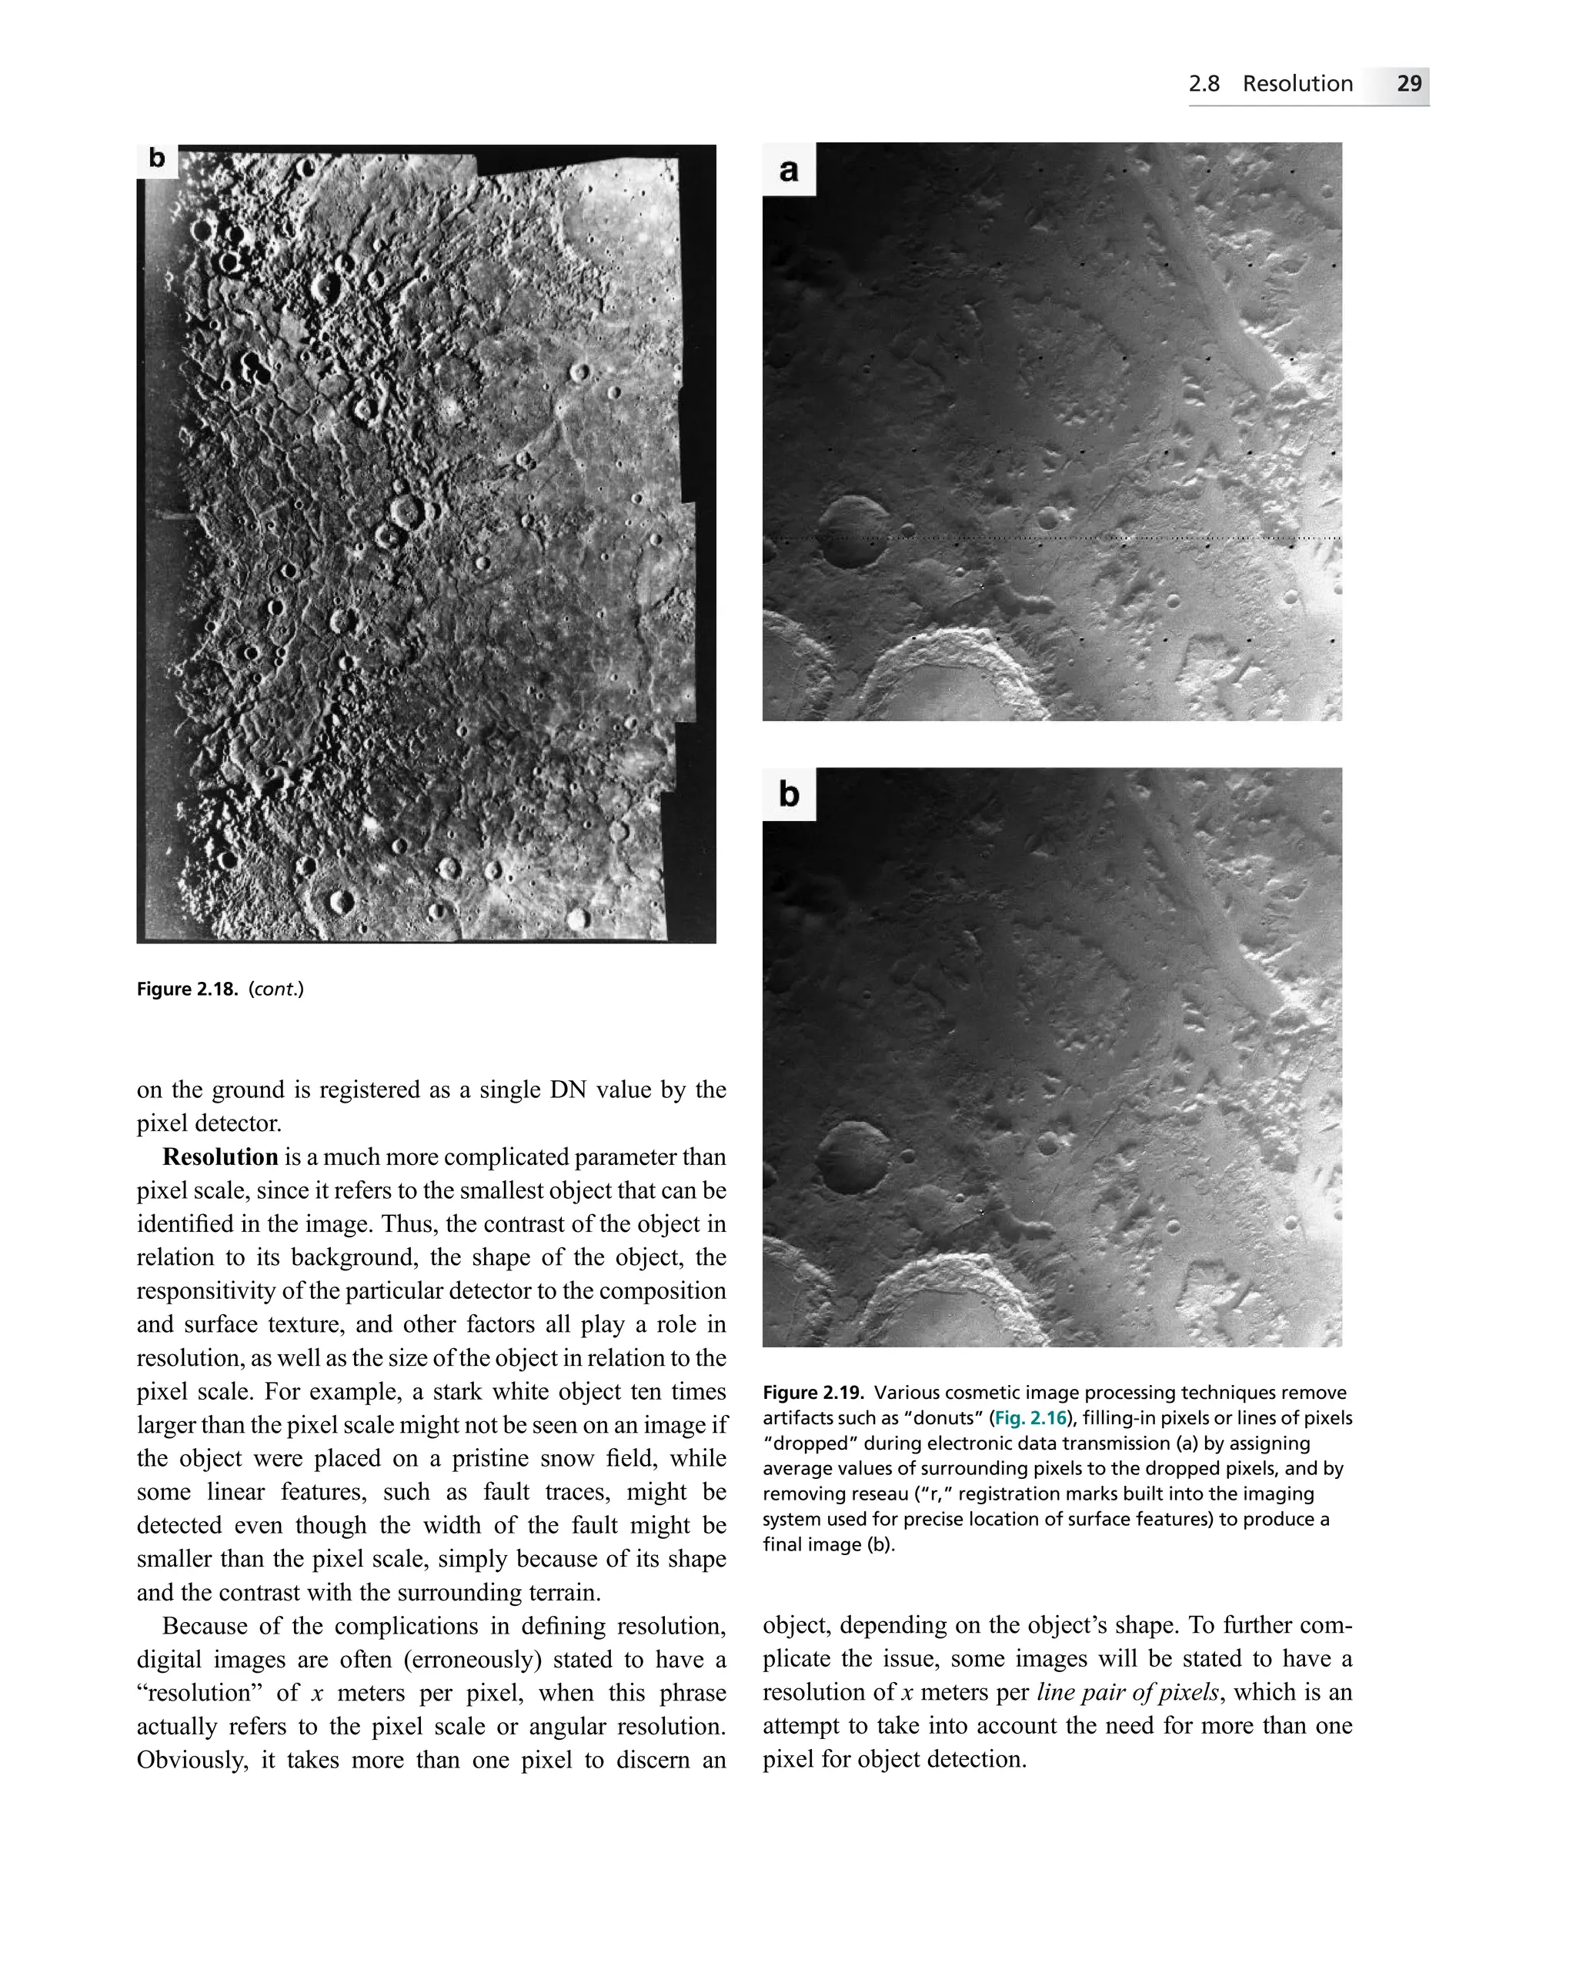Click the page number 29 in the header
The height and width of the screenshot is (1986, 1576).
tap(1408, 84)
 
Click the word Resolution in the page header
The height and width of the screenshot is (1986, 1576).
tap(1297, 84)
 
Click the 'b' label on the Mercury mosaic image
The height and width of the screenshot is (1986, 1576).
tap(156, 159)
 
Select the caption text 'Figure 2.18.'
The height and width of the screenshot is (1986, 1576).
tap(187, 990)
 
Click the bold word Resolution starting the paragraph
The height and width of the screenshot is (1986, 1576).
tap(220, 1157)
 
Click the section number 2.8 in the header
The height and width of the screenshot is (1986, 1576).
tap(1204, 84)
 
